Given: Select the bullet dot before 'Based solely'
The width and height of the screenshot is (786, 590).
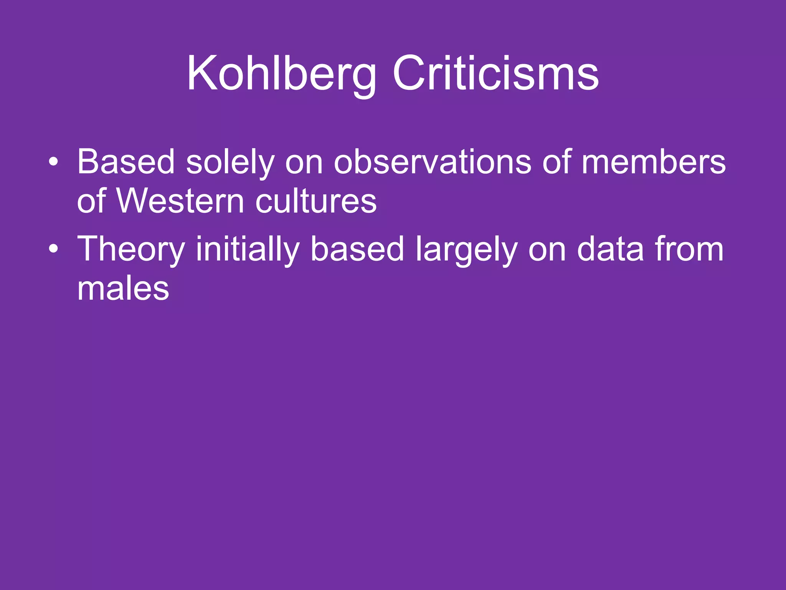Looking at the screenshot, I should pos(54,162).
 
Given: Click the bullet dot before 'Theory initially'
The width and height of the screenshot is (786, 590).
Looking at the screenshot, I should pos(54,249).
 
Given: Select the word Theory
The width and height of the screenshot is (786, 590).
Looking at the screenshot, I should pos(131,250).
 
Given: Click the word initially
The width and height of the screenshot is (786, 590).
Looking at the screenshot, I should pos(248,250).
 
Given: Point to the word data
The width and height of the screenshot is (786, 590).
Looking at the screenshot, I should pos(610,250).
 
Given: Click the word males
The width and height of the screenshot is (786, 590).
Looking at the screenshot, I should pos(123,288).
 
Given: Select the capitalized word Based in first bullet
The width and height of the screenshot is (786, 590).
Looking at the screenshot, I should pos(126,162).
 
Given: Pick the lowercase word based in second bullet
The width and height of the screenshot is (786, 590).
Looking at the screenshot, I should pos(357,250).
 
